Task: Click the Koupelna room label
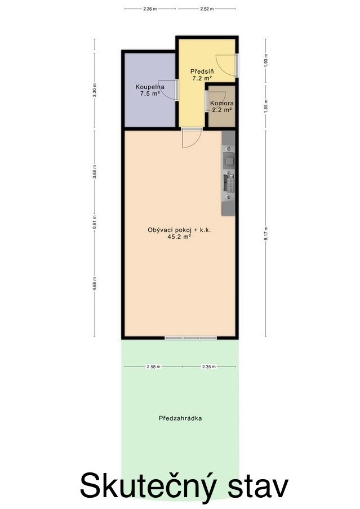(150, 87)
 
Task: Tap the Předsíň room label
(202, 71)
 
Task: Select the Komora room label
(222, 103)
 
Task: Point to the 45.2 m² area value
(179, 237)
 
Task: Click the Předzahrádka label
(180, 418)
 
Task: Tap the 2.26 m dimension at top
(150, 9)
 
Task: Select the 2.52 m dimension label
(207, 9)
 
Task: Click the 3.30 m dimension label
(95, 90)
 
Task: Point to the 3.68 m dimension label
(95, 172)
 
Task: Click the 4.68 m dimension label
(95, 284)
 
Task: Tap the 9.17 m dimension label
(266, 234)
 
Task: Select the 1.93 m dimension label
(266, 60)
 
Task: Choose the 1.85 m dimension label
(266, 106)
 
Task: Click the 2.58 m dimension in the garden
(154, 367)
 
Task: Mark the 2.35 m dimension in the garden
(208, 367)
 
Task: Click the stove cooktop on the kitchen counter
(230, 184)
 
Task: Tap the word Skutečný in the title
(148, 485)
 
